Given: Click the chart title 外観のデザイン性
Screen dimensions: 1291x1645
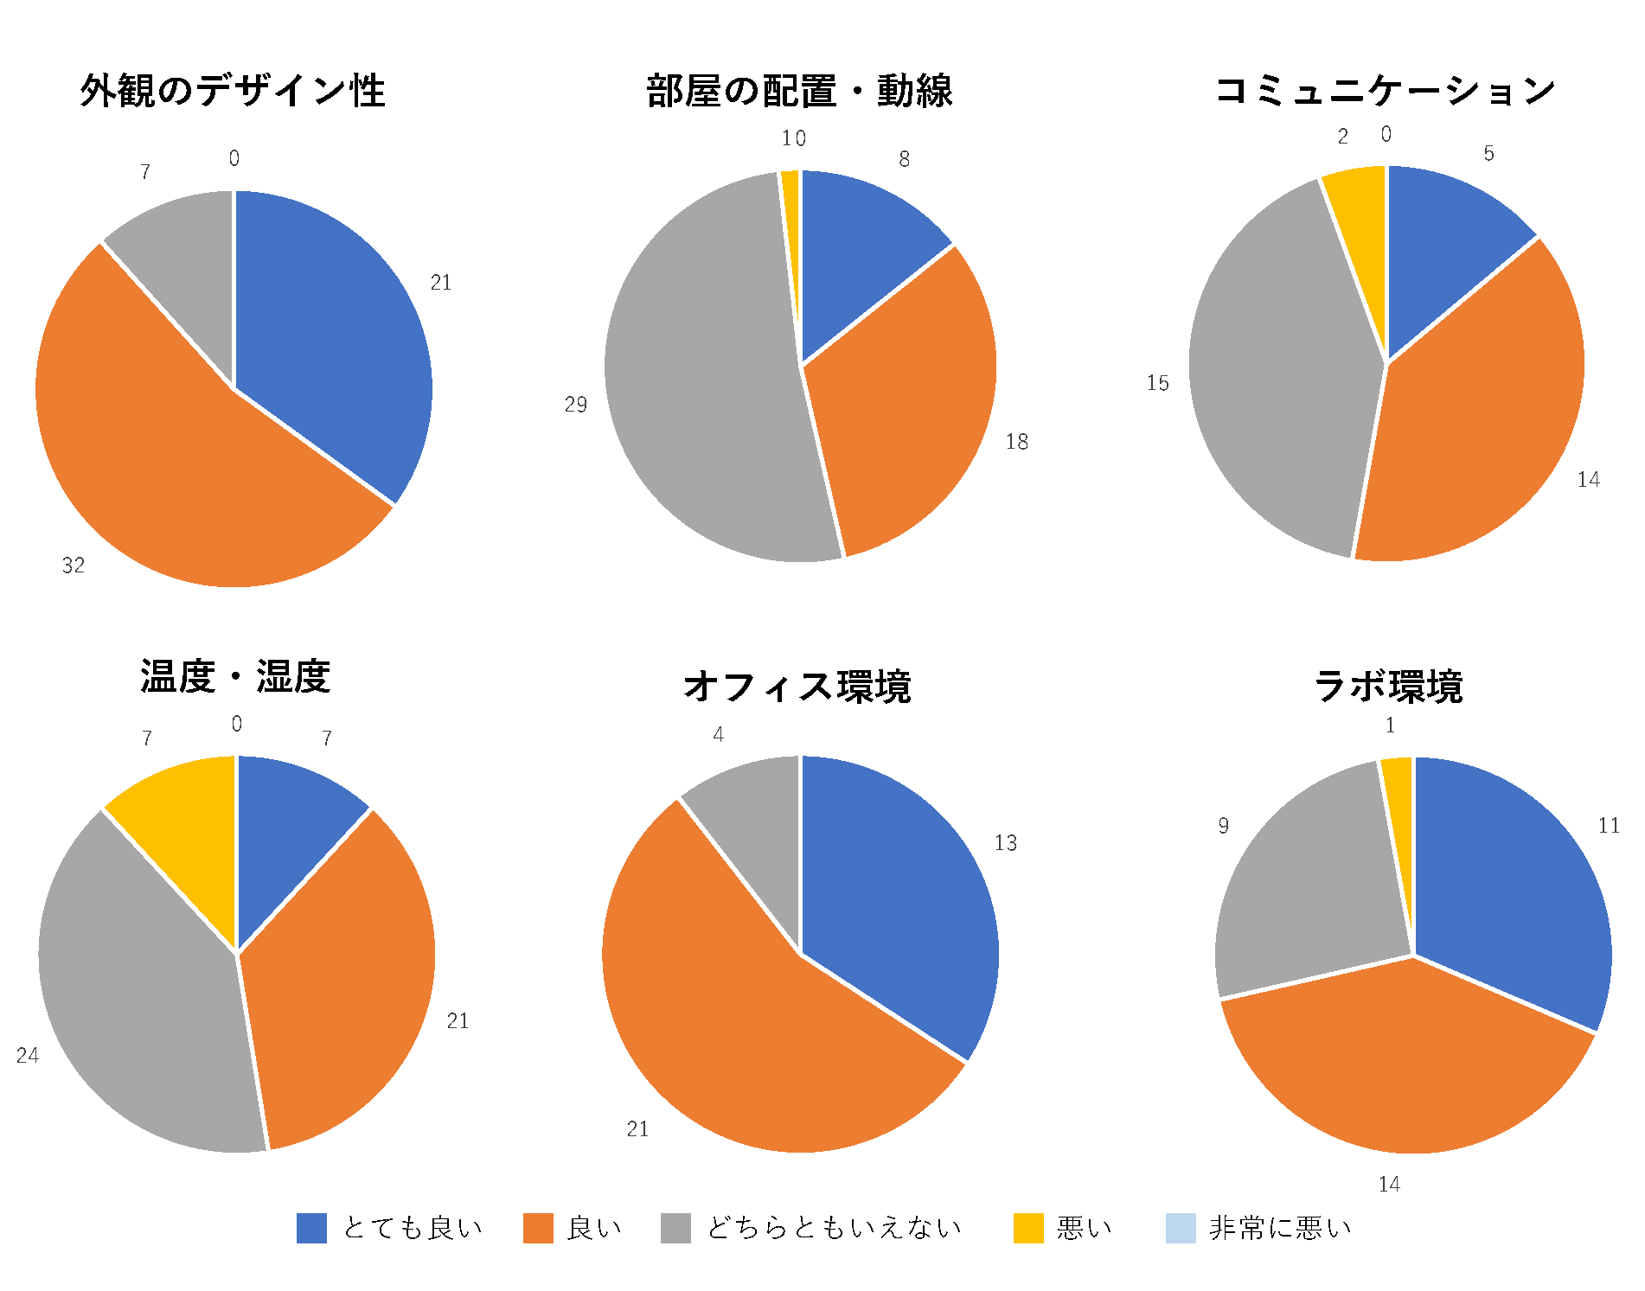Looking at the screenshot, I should coord(233,91).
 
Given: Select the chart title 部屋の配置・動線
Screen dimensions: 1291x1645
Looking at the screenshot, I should coord(799,91).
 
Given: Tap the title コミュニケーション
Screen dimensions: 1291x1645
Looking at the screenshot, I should coord(1386,91).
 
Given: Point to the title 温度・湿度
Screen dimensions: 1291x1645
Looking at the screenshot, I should coord(235,676).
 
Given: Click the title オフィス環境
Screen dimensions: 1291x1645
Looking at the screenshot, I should coord(797,687).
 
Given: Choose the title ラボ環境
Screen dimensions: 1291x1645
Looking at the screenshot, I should coord(1388,687).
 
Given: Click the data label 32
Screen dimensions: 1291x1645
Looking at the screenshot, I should coord(74,566).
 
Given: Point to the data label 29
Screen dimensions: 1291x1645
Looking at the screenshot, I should coord(576,405).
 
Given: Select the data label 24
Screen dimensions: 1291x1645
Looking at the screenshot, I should coord(28,1055).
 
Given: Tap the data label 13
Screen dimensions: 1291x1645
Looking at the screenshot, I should coord(1005,843).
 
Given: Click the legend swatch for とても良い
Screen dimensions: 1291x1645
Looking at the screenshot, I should coord(311,1228).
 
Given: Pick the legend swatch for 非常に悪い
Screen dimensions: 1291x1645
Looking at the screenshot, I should coord(1181,1228).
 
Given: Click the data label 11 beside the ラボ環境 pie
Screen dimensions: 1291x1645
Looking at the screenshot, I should coord(1609,826).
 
